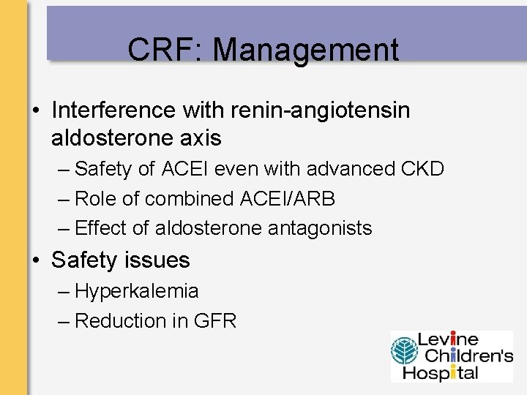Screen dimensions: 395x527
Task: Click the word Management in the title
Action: click(x=306, y=50)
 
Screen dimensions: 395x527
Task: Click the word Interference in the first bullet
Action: click(x=114, y=110)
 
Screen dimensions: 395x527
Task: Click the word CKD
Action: click(x=422, y=169)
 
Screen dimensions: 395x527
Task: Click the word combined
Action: click(x=192, y=198)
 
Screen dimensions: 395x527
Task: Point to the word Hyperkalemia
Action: click(x=136, y=291)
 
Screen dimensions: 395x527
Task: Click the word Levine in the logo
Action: click(x=448, y=339)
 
